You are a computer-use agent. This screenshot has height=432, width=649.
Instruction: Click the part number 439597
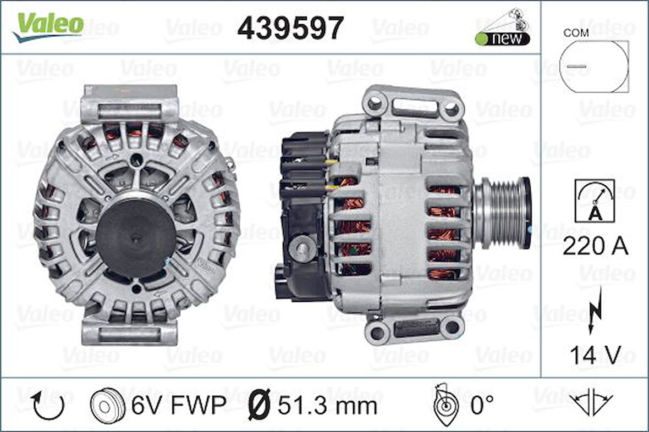coord(290,27)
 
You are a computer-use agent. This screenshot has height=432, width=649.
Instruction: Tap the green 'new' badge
coord(502,38)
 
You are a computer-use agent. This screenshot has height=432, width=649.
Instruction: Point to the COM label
coord(575,32)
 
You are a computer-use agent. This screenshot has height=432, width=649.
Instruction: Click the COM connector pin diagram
coord(593,66)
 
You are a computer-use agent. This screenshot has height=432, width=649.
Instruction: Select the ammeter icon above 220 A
coord(595,201)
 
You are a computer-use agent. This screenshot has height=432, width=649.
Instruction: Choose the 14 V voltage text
coord(595,355)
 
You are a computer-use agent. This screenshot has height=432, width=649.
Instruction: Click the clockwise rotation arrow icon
coord(48,405)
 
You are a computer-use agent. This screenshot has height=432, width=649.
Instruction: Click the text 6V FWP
coord(178,406)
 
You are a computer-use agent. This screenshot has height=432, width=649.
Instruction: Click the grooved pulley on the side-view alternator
coord(502,204)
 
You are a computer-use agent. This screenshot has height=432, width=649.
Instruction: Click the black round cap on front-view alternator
coord(135,230)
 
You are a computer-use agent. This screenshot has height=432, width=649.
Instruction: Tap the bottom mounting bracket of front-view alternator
coord(130,332)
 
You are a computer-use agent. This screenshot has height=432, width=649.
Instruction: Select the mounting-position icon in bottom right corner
coord(591,406)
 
